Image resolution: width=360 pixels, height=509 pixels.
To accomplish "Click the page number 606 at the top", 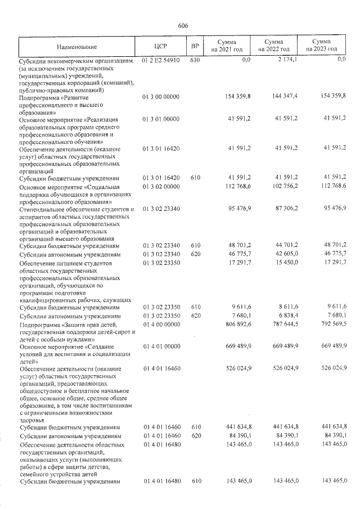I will pos(182,26).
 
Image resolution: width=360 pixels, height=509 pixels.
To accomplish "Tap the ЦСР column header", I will pos(161,46).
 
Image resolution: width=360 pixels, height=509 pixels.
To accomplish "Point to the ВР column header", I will pos(195,46).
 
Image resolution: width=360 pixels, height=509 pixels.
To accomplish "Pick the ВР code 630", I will pos(195,60).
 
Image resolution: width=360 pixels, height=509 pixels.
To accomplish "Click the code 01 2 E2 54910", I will pos(161,60).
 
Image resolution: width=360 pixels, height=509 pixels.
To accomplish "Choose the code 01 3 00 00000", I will pos(161,97).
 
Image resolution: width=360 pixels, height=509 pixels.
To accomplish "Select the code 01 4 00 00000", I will pos(161,323).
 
